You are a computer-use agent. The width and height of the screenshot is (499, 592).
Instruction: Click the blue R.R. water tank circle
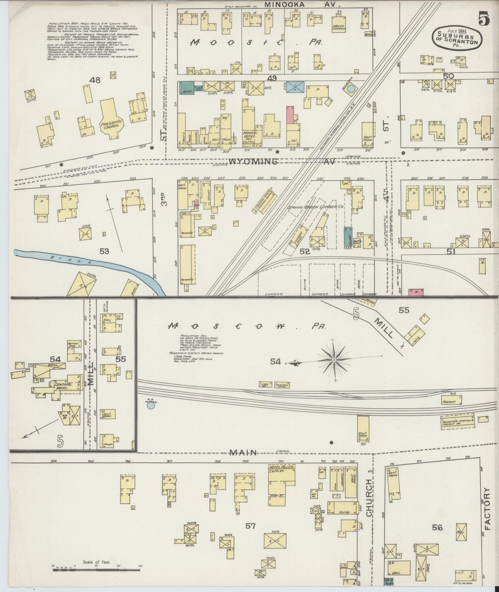pyautogui.click(x=151, y=405)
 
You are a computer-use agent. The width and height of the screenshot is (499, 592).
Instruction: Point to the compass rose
pyautogui.click(x=334, y=360)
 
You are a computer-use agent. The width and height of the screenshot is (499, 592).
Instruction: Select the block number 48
pyautogui.click(x=95, y=80)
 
